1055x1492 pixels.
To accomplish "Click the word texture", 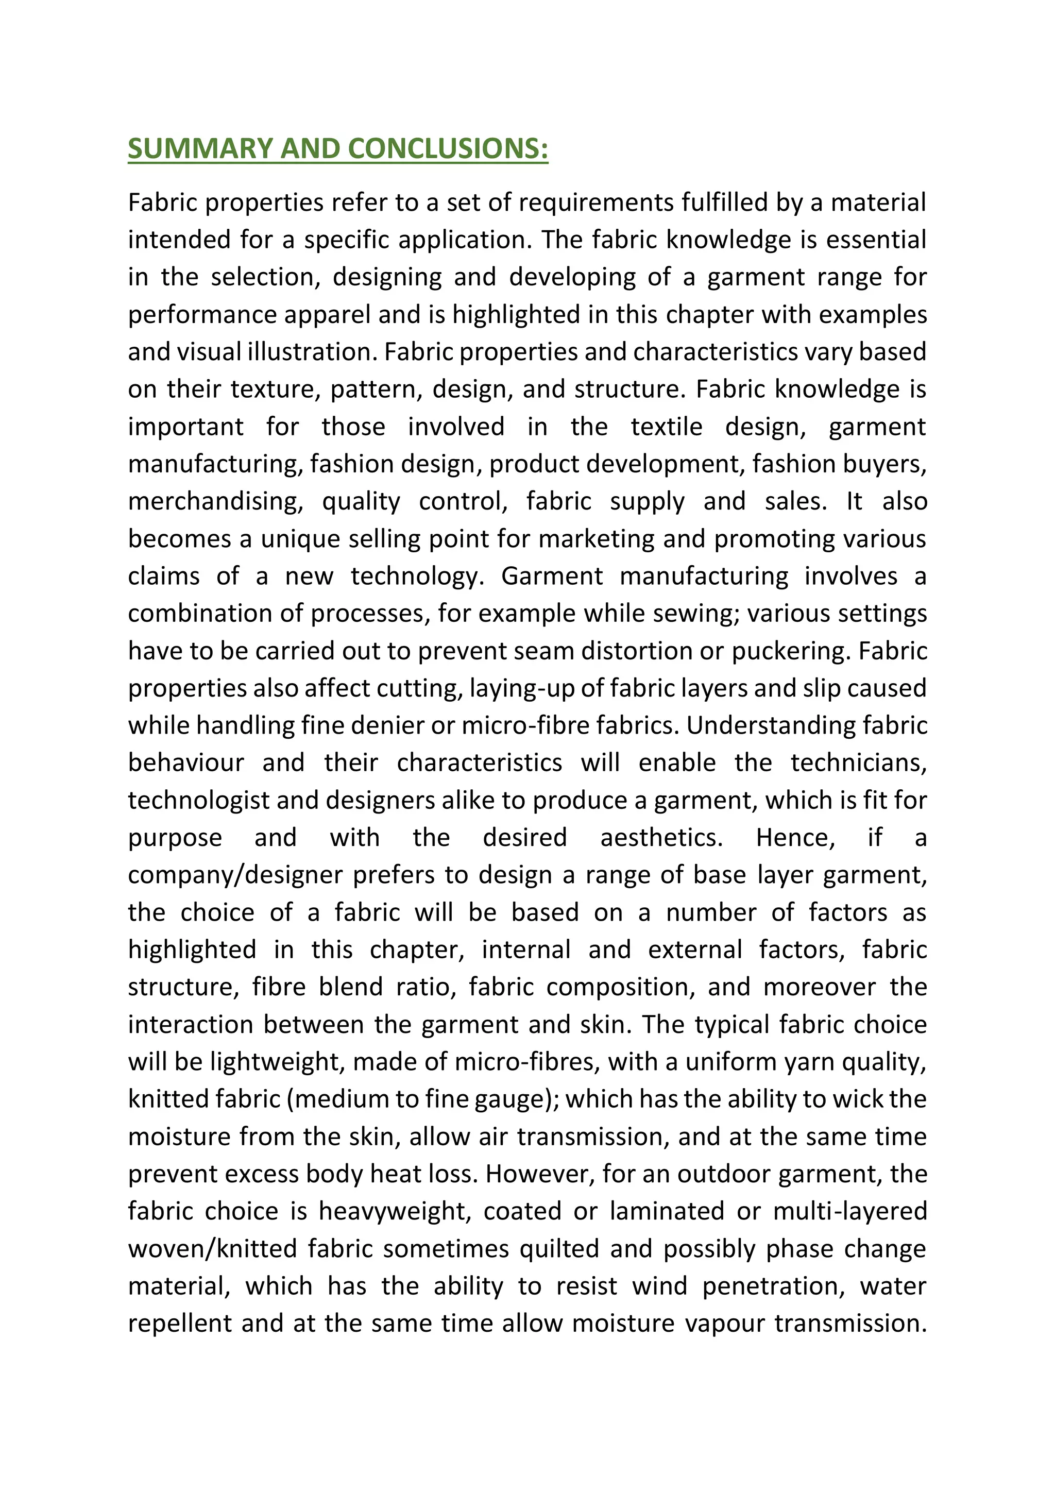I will pyautogui.click(x=273, y=389).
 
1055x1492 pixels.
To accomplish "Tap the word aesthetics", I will pyautogui.click(x=661, y=838).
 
